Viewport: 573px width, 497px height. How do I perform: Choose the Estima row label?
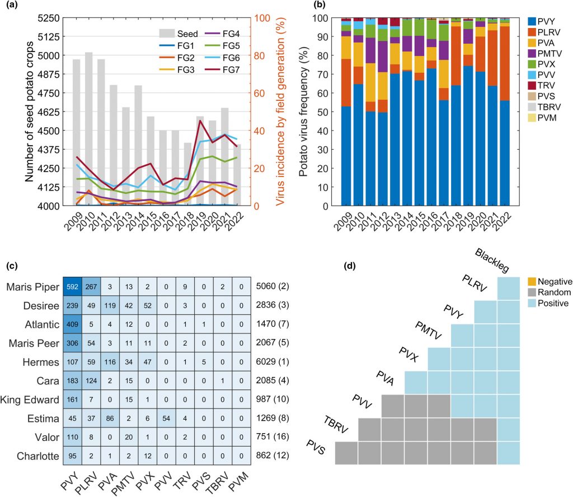coord(44,417)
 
